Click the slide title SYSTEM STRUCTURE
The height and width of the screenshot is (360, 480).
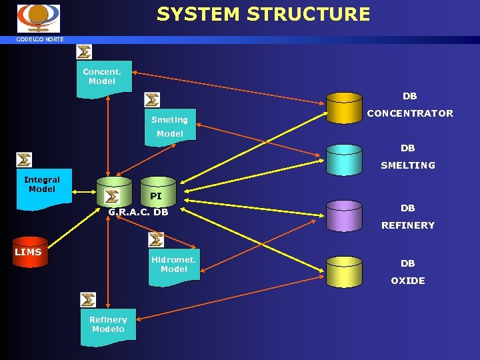tap(263, 14)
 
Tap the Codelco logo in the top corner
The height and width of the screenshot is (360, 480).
tap(38, 18)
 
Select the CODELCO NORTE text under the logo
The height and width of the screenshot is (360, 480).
tap(41, 39)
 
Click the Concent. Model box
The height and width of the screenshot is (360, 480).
tap(103, 78)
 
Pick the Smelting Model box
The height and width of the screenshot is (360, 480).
tap(171, 125)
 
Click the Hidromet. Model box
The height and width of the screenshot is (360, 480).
tap(173, 267)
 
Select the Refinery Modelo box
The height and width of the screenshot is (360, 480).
tap(108, 326)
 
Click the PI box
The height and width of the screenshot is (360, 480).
tap(156, 196)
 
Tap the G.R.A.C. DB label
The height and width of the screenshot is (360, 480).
tap(138, 213)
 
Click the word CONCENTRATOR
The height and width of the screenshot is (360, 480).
tap(409, 113)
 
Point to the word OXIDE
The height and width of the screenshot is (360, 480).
tap(407, 281)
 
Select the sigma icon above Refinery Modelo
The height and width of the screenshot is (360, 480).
tap(88, 300)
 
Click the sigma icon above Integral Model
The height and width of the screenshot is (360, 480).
tap(24, 160)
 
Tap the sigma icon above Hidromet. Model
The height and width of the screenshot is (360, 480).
tap(156, 240)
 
